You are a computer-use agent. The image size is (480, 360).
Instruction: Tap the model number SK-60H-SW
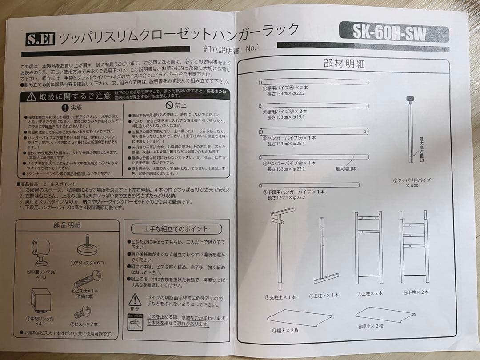pyautogui.click(x=389, y=32)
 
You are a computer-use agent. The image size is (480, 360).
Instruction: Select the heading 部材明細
pyautogui.click(x=344, y=64)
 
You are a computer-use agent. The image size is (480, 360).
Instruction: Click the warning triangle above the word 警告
pyautogui.click(x=135, y=300)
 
